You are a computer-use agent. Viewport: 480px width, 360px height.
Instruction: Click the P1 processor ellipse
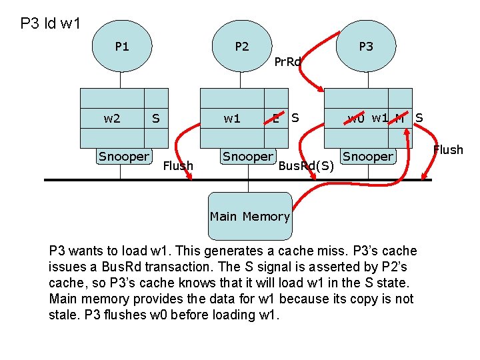pyautogui.click(x=122, y=47)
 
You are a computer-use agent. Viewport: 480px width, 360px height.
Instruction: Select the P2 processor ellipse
pyautogui.click(x=242, y=47)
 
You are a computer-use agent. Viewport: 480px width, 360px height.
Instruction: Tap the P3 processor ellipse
pyautogui.click(x=366, y=47)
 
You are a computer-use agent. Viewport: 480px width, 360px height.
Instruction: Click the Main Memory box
pyautogui.click(x=249, y=216)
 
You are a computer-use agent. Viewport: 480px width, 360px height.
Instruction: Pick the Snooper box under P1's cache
pyautogui.click(x=124, y=157)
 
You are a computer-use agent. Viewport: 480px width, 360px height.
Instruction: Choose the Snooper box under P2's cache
pyautogui.click(x=248, y=157)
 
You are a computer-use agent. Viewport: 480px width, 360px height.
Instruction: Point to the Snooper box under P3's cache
pyautogui.click(x=368, y=157)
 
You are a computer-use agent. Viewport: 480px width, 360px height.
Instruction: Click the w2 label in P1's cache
pyautogui.click(x=112, y=119)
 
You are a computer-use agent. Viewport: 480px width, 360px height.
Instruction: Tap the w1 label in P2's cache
pyautogui.click(x=232, y=119)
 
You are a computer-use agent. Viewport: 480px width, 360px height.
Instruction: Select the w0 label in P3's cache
pyautogui.click(x=356, y=119)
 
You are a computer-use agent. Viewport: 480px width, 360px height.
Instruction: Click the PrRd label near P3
pyautogui.click(x=288, y=62)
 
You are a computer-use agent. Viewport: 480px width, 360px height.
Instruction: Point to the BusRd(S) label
pyautogui.click(x=306, y=165)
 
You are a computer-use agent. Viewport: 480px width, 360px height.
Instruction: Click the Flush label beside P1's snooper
pyautogui.click(x=178, y=165)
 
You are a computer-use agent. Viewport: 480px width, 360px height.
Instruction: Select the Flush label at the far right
pyautogui.click(x=448, y=150)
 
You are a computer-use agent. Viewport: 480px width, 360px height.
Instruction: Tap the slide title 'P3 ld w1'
pyautogui.click(x=51, y=24)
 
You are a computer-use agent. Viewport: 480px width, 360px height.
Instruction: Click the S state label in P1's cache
pyautogui.click(x=155, y=119)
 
